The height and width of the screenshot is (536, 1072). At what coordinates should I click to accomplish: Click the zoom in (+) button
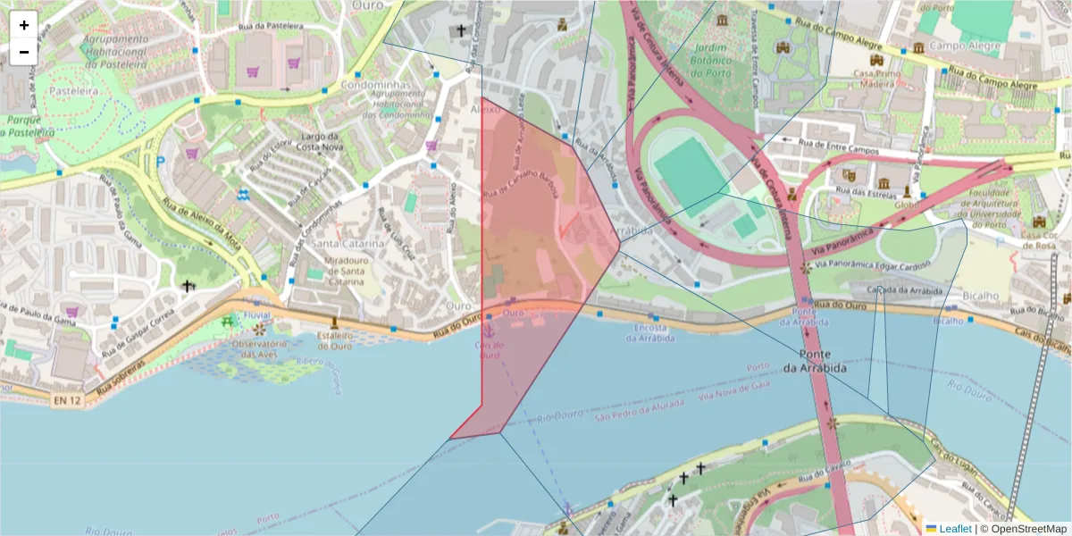pyautogui.click(x=24, y=25)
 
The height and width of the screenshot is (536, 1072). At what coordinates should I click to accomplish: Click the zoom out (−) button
pyautogui.click(x=24, y=52)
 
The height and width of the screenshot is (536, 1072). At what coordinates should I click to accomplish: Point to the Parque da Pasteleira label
pyautogui.click(x=28, y=126)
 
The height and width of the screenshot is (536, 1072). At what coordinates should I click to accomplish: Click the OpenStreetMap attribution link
pyautogui.click(x=1024, y=529)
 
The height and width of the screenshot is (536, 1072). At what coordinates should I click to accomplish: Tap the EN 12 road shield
pyautogui.click(x=67, y=402)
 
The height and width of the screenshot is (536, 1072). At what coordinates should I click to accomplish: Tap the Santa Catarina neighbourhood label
pyautogui.click(x=348, y=244)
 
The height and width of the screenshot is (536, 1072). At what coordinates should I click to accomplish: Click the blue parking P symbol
pyautogui.click(x=161, y=162)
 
